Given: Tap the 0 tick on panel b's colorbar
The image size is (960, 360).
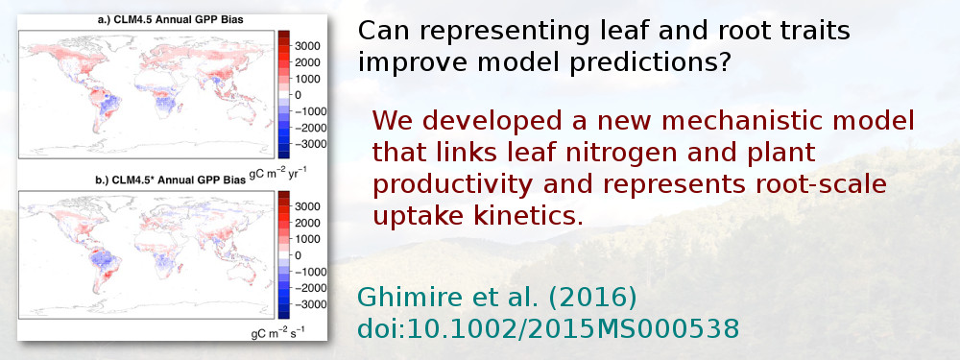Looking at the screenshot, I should (298, 255).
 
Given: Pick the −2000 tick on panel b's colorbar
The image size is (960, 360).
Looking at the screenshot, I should (304, 288).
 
